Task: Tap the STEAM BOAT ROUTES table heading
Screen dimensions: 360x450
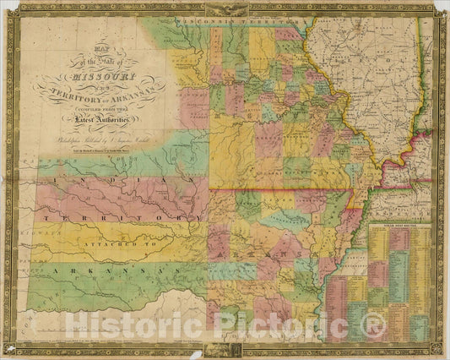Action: point(401,226)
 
